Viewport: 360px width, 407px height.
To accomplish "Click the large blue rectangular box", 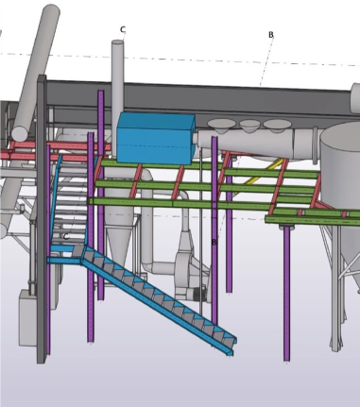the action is (156, 139).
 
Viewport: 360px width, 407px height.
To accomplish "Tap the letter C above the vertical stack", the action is (123, 29).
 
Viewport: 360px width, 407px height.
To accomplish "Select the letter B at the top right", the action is (271, 35).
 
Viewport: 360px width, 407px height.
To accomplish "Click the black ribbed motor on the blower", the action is (199, 294).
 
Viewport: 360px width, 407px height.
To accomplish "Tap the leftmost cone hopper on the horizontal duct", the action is (221, 126).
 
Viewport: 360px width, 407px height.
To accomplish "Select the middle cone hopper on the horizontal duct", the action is (249, 127).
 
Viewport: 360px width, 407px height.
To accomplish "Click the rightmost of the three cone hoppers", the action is (276, 126).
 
